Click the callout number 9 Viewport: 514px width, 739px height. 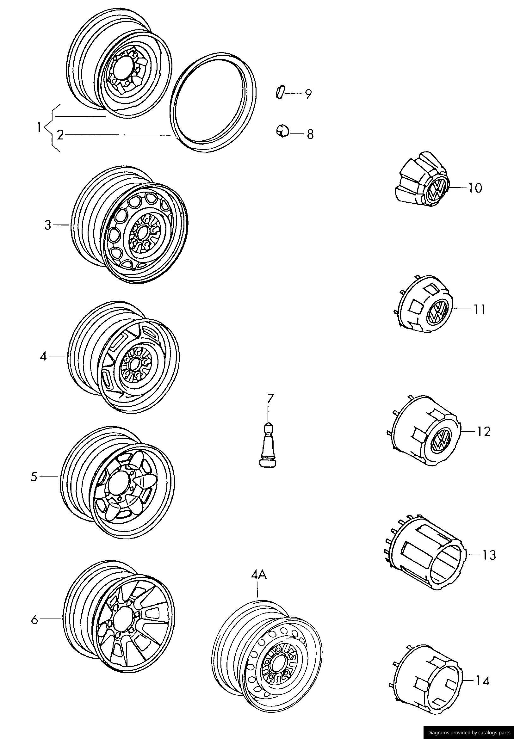click(308, 94)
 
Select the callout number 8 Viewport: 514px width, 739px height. click(310, 134)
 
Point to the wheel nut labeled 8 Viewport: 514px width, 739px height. click(282, 131)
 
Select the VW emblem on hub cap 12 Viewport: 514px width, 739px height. click(442, 439)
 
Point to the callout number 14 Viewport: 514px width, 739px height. click(482, 689)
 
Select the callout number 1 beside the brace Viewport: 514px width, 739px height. click(39, 128)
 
